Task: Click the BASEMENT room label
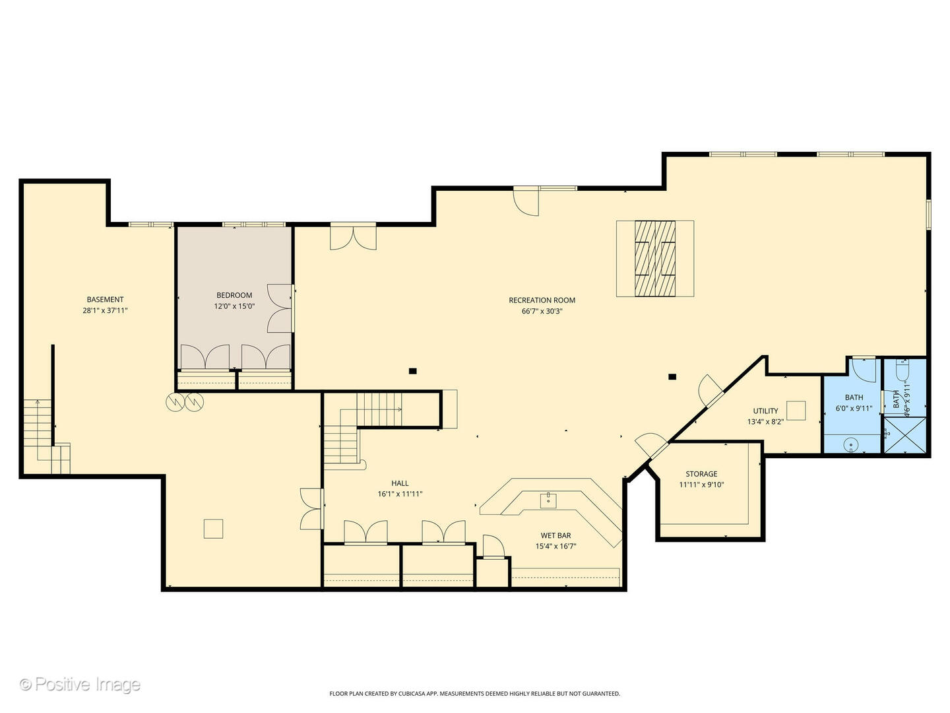(105, 304)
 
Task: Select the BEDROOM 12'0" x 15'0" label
(234, 300)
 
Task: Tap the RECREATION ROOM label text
(542, 305)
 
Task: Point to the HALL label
(400, 488)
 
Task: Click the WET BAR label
(555, 541)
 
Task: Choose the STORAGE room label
(701, 479)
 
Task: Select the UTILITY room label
(765, 416)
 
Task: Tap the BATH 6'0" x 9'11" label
(854, 403)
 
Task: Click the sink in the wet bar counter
(548, 500)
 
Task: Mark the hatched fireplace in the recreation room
(655, 258)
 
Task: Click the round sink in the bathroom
(852, 445)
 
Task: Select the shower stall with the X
(905, 436)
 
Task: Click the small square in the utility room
(796, 411)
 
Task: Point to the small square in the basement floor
(213, 529)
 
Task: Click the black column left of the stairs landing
(412, 371)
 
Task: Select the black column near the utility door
(672, 377)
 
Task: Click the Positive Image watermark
(80, 684)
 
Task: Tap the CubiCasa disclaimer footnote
(474, 694)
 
